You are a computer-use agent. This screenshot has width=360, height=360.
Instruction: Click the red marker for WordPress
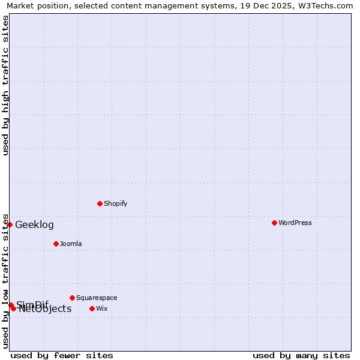(274, 223)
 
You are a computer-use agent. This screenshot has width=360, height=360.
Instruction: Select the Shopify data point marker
(100, 203)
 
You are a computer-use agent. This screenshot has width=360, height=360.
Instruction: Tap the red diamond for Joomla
(56, 244)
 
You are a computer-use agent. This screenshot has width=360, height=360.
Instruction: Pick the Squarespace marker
(72, 298)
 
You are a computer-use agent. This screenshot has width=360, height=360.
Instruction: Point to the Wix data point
(92, 308)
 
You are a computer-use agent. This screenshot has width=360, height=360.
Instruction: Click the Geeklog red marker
(10, 224)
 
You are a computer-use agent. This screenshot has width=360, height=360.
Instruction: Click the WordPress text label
(295, 223)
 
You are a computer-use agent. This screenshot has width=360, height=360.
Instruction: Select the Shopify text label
(116, 203)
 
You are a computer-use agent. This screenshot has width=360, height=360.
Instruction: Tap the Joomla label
(71, 244)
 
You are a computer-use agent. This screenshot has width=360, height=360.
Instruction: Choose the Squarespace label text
(97, 298)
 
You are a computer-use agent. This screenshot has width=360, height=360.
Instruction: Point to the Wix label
(102, 308)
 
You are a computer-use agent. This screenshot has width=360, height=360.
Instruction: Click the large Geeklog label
(34, 225)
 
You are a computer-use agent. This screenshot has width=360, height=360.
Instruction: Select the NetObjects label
(45, 309)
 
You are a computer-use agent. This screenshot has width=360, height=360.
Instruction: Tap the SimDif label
(32, 304)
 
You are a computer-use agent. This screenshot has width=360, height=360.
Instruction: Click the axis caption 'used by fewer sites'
(62, 355)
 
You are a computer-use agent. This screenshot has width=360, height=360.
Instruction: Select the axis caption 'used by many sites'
(301, 355)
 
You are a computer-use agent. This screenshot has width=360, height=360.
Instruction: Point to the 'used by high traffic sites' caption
(6, 85)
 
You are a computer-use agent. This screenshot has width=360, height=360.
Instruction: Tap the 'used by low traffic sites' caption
(6, 281)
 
